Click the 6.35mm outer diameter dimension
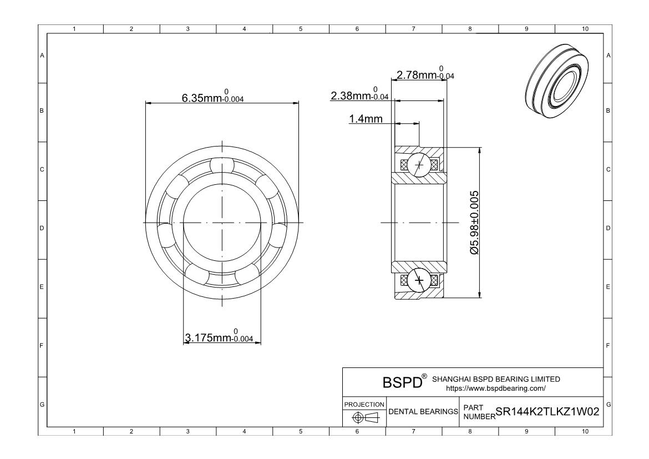(x=213, y=96)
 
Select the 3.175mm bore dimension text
(x=219, y=336)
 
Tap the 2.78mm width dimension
(x=425, y=73)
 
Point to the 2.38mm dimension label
(x=359, y=94)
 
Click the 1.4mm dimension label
(x=366, y=119)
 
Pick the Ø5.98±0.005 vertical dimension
(x=474, y=223)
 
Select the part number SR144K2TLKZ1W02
(x=547, y=411)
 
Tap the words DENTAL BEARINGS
(x=423, y=411)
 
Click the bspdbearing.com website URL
(x=496, y=389)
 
